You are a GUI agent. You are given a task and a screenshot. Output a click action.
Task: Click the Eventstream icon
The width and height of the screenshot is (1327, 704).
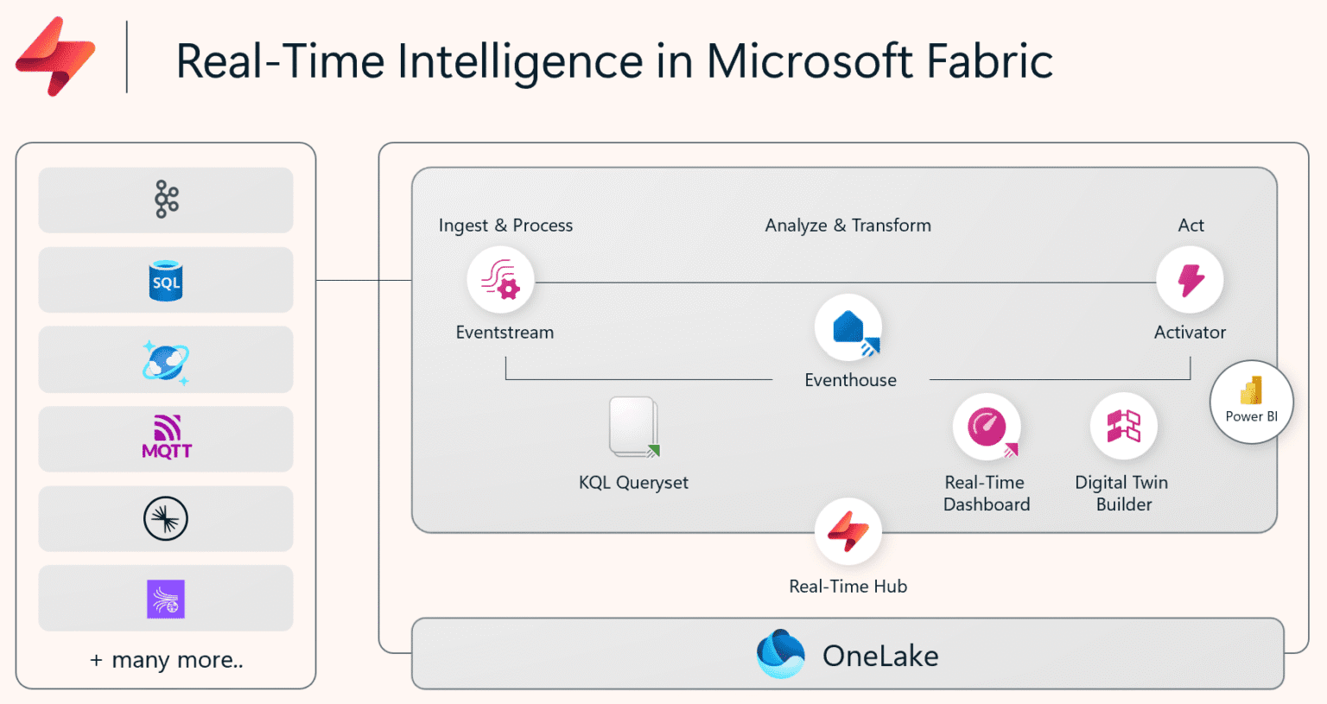pyautogui.click(x=500, y=281)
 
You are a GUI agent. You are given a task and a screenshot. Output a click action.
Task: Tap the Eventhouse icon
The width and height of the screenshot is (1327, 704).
pyautogui.click(x=848, y=329)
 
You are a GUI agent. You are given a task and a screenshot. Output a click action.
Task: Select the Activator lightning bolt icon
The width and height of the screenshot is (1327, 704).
pyautogui.click(x=1190, y=280)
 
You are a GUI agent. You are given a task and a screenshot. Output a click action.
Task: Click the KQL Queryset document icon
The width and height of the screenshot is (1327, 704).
pyautogui.click(x=634, y=427)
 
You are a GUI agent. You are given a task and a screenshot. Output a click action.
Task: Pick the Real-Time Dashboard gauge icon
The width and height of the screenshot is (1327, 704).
pyautogui.click(x=987, y=427)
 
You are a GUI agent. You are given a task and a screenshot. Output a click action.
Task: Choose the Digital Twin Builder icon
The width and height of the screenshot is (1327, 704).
pyautogui.click(x=1123, y=426)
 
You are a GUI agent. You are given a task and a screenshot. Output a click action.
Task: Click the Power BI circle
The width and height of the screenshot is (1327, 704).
pyautogui.click(x=1251, y=402)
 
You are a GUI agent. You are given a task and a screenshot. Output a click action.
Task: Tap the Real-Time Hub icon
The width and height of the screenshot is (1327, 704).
pyautogui.click(x=848, y=530)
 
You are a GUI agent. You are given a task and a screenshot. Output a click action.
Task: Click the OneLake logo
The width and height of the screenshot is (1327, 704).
pyautogui.click(x=780, y=654)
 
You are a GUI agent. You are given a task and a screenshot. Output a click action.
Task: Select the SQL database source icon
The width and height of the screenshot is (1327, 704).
pyautogui.click(x=166, y=281)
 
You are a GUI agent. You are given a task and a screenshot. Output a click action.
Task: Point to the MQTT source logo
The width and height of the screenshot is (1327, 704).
pyautogui.click(x=166, y=437)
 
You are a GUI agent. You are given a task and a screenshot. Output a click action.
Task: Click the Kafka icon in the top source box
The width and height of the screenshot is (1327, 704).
pyautogui.click(x=166, y=200)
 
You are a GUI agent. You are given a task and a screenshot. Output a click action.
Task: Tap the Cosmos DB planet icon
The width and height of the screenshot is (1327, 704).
pyautogui.click(x=166, y=361)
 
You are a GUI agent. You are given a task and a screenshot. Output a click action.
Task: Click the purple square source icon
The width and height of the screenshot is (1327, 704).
pyautogui.click(x=166, y=599)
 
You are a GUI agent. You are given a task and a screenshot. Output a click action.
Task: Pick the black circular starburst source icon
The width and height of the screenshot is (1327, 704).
pyautogui.click(x=166, y=519)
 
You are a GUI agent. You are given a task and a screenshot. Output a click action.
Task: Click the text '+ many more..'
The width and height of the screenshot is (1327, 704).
pyautogui.click(x=166, y=660)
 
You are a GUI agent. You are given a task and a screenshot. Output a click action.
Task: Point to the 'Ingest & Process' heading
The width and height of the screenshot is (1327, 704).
pyautogui.click(x=505, y=225)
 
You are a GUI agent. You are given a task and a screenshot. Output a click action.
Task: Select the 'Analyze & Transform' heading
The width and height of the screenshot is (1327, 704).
pyautogui.click(x=848, y=225)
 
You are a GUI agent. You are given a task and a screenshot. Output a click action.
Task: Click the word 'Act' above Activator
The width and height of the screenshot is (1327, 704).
pyautogui.click(x=1190, y=225)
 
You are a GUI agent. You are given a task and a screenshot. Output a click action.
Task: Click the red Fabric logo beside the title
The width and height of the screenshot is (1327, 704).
pyautogui.click(x=54, y=57)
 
